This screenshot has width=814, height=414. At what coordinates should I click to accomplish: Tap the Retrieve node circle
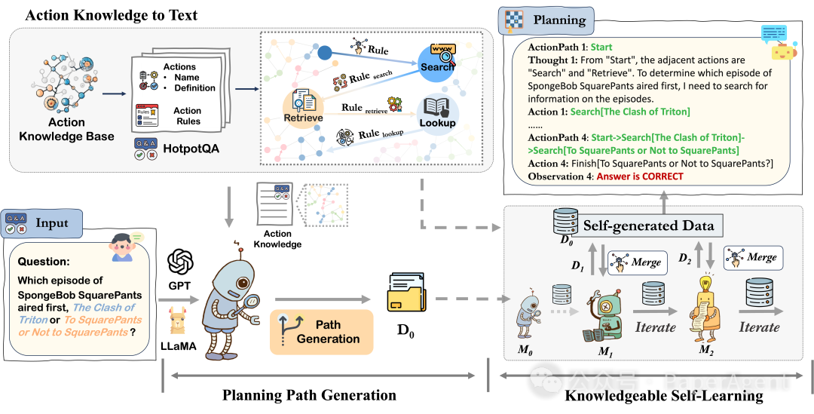[x=303, y=107]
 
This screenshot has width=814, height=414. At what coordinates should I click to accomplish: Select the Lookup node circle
[x=438, y=114]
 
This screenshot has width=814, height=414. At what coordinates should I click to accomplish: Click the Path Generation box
[x=322, y=332]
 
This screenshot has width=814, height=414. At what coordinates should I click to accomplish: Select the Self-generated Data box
[x=648, y=225]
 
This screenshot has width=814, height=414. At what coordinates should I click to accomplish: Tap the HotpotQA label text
[x=191, y=149]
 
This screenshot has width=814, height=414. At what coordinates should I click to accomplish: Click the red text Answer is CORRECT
[x=640, y=176]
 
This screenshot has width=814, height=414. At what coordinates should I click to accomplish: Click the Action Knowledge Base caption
[x=66, y=129]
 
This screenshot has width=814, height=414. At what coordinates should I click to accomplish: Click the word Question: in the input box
[x=42, y=262]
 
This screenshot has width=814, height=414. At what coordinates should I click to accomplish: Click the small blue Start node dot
[x=325, y=54]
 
